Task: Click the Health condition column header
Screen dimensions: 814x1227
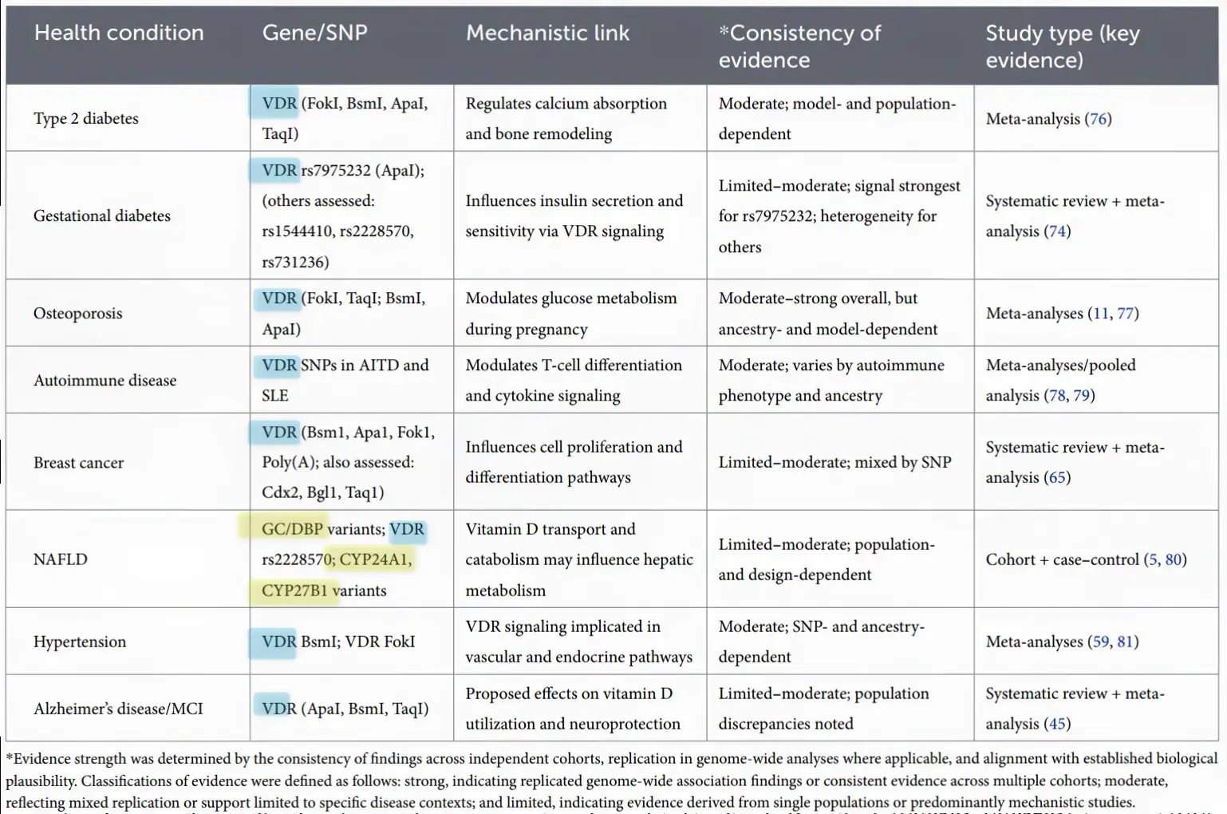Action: click(119, 33)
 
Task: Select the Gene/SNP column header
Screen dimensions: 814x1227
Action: click(314, 33)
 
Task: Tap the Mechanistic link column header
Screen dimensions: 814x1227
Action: click(547, 33)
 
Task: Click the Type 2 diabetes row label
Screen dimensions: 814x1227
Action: click(86, 119)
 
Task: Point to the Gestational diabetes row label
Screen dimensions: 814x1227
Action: click(102, 216)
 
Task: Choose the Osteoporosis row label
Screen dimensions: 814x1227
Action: click(78, 314)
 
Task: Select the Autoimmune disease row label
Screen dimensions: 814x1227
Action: click(105, 381)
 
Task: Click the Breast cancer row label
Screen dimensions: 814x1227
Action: click(79, 463)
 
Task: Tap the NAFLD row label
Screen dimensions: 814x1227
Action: click(61, 559)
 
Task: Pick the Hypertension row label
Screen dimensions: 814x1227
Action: click(80, 642)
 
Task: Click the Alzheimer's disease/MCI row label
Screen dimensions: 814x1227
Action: click(118, 709)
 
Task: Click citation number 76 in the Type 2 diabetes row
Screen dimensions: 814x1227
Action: click(1099, 119)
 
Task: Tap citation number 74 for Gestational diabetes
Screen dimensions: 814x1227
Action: click(1058, 231)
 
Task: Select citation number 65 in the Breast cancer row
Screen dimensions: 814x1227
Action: click(1058, 478)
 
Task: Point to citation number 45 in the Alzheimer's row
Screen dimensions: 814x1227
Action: click(1058, 724)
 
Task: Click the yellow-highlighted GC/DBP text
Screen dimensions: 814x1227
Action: click(292, 529)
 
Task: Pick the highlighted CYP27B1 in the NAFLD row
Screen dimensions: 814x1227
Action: click(294, 591)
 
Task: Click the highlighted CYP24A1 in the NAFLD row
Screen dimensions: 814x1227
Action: click(374, 559)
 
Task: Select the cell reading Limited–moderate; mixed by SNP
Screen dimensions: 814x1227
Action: click(834, 463)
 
